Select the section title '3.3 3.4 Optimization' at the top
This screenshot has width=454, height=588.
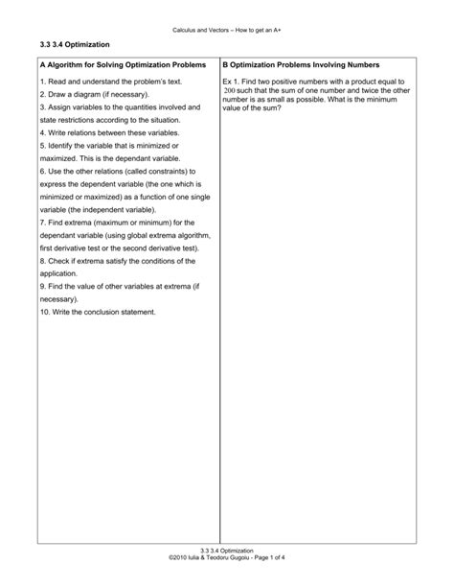point(74,45)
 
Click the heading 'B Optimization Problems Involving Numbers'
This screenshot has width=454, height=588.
point(301,66)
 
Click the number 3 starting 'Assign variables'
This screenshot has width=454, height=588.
point(42,108)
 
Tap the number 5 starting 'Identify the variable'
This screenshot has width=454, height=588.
point(42,146)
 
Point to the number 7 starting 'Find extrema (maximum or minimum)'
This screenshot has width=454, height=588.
point(42,223)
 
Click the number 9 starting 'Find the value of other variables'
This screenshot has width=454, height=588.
point(42,286)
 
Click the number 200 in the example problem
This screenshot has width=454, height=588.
point(229,92)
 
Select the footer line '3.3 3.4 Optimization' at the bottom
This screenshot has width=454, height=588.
point(227,550)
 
